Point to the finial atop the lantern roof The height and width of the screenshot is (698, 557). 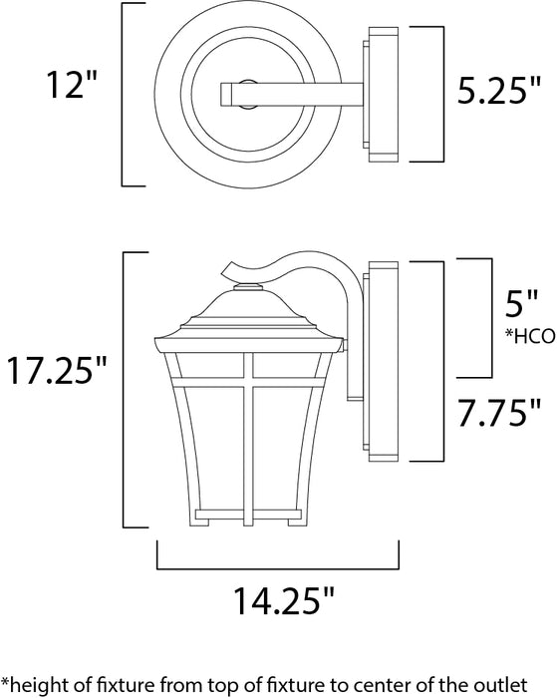(x=245, y=288)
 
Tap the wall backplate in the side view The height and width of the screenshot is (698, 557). (x=379, y=373)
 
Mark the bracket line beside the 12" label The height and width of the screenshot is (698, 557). (x=124, y=96)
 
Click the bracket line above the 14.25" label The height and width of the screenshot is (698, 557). (x=277, y=563)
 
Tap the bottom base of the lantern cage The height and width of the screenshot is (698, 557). (x=245, y=515)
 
